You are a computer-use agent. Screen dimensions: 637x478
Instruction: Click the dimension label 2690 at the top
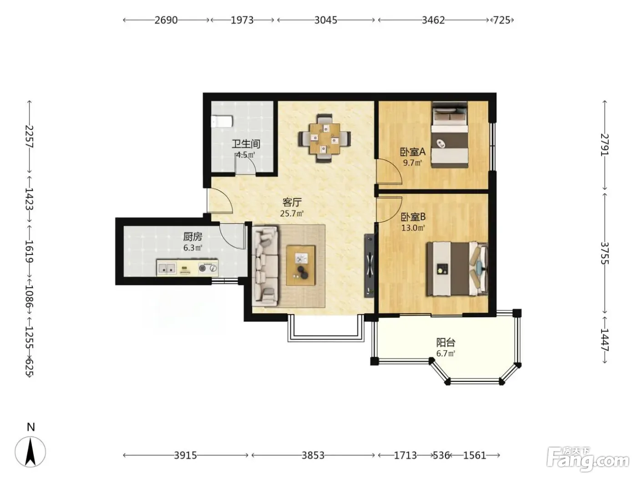click(x=166, y=20)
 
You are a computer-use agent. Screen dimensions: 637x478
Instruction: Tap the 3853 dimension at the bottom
click(x=313, y=455)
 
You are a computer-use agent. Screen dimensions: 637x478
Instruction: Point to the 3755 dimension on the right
click(x=605, y=253)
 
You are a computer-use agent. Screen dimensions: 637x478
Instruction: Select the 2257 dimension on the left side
click(x=29, y=137)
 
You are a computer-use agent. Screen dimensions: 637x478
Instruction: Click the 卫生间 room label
click(x=246, y=144)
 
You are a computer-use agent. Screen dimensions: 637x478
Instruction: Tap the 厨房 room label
click(x=192, y=237)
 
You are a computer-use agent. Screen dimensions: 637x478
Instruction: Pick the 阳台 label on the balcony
click(x=446, y=343)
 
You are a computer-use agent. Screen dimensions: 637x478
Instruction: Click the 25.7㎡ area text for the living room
click(x=292, y=214)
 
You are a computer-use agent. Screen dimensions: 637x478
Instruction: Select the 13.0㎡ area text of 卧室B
click(x=413, y=228)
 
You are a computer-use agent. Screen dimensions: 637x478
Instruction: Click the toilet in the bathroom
click(x=222, y=122)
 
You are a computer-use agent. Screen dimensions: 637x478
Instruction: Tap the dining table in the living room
click(x=324, y=138)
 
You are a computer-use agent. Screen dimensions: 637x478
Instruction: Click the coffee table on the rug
click(x=301, y=265)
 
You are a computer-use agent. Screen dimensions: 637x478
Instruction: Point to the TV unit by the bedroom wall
click(x=369, y=265)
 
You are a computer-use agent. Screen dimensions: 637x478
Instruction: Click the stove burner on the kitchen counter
click(x=208, y=268)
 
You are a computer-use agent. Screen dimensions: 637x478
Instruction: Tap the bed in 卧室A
click(x=450, y=135)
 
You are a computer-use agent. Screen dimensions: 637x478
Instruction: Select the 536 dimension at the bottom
click(x=441, y=455)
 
